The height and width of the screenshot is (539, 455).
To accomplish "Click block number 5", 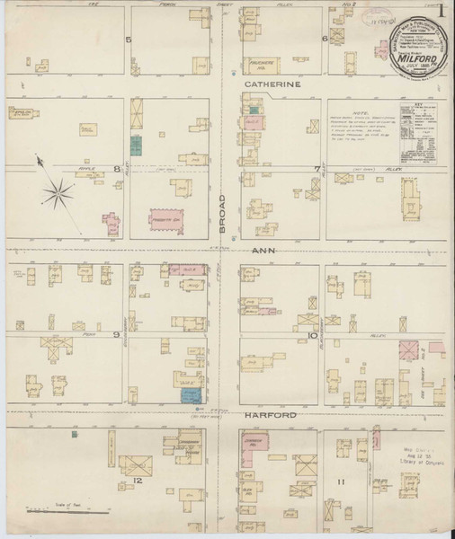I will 129,40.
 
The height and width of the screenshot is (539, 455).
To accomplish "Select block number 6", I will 324,39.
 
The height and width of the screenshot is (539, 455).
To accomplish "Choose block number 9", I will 117,335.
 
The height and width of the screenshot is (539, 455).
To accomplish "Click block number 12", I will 138,482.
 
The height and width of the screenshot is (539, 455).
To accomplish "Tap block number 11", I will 341,482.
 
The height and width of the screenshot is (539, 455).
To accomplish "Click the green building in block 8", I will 135,144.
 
